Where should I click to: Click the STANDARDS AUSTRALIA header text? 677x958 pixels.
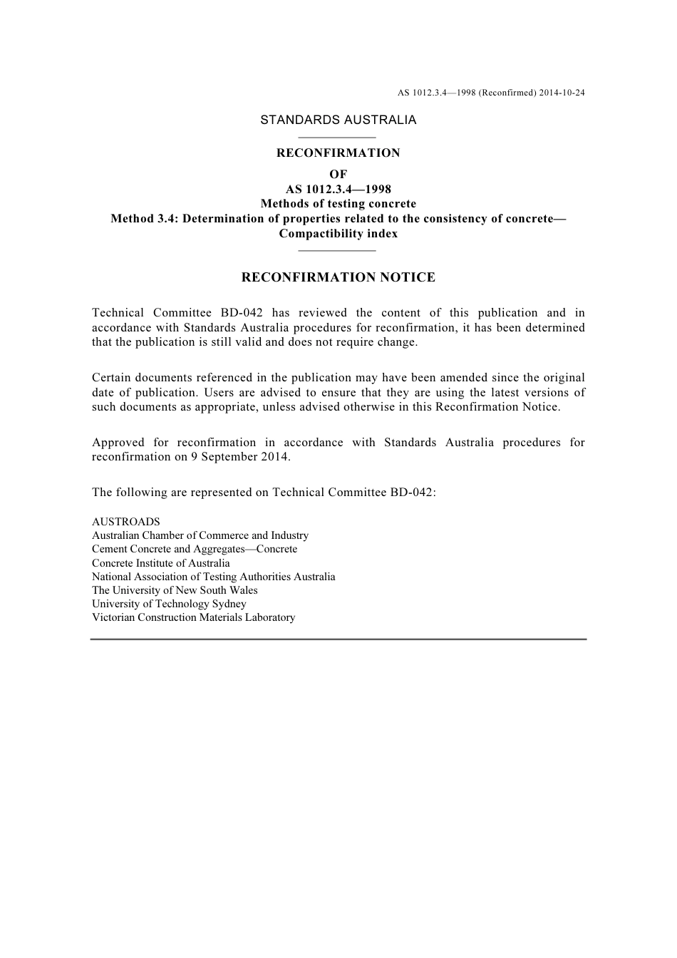point(338,120)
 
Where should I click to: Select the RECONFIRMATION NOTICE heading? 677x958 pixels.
point(338,277)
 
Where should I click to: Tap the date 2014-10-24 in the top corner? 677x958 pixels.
point(562,93)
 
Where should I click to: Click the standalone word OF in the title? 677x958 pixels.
point(338,174)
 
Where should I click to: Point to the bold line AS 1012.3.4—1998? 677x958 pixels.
point(338,189)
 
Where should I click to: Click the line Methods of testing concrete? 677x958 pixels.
point(338,204)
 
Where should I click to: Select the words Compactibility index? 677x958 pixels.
point(338,234)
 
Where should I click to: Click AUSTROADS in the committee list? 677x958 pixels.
point(126,522)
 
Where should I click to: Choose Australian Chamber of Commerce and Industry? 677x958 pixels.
point(200,535)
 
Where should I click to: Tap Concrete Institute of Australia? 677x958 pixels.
point(161,563)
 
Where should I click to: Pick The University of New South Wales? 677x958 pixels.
point(175,590)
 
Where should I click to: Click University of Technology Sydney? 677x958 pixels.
point(169,604)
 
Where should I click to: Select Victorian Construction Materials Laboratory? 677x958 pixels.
point(193,617)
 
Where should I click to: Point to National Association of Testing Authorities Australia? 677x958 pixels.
point(213,577)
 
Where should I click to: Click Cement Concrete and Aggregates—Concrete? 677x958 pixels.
point(195,549)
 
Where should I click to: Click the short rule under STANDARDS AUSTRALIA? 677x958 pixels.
point(337,138)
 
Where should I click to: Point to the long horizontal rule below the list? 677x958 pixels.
point(338,639)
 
